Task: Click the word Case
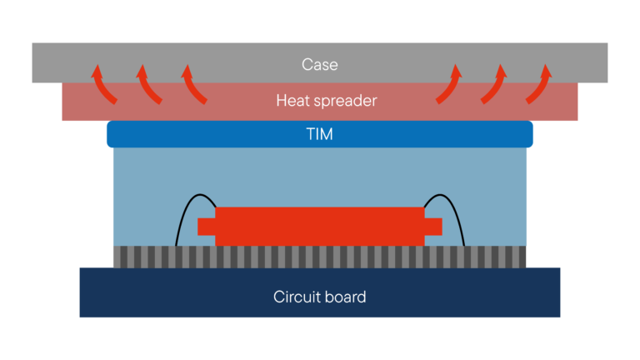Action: (x=320, y=64)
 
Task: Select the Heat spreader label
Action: (x=327, y=101)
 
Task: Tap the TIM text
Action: (x=320, y=134)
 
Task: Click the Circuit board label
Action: (x=320, y=297)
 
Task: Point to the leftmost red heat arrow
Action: (x=103, y=83)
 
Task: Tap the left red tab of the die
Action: (x=206, y=227)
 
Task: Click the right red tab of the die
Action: (x=433, y=227)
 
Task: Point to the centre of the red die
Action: (x=320, y=227)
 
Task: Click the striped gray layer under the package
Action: (x=320, y=257)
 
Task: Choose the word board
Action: (x=346, y=297)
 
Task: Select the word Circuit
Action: (x=297, y=297)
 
